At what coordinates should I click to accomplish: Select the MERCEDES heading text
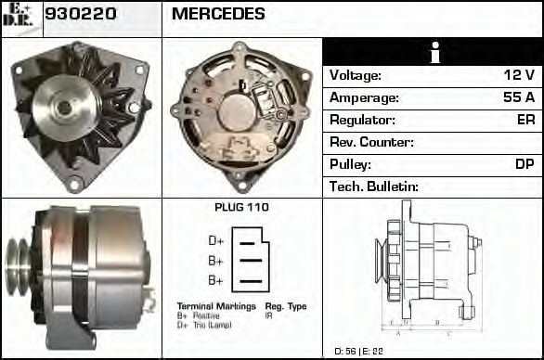[218, 15]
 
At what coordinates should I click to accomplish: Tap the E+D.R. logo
[20, 16]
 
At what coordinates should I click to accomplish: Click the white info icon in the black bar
[432, 53]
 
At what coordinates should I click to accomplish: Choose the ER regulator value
[525, 120]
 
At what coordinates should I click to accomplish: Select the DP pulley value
[525, 164]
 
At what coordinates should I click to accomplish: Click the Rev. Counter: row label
[371, 142]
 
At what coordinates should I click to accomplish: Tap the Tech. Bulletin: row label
[374, 186]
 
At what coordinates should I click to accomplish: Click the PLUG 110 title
[241, 208]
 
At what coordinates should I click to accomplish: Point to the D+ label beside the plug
[215, 241]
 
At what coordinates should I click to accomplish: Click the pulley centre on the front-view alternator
[63, 107]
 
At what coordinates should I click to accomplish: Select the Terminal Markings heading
[214, 306]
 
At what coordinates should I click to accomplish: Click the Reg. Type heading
[286, 306]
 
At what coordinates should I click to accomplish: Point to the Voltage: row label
[355, 75]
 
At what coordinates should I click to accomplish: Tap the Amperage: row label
[364, 97]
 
